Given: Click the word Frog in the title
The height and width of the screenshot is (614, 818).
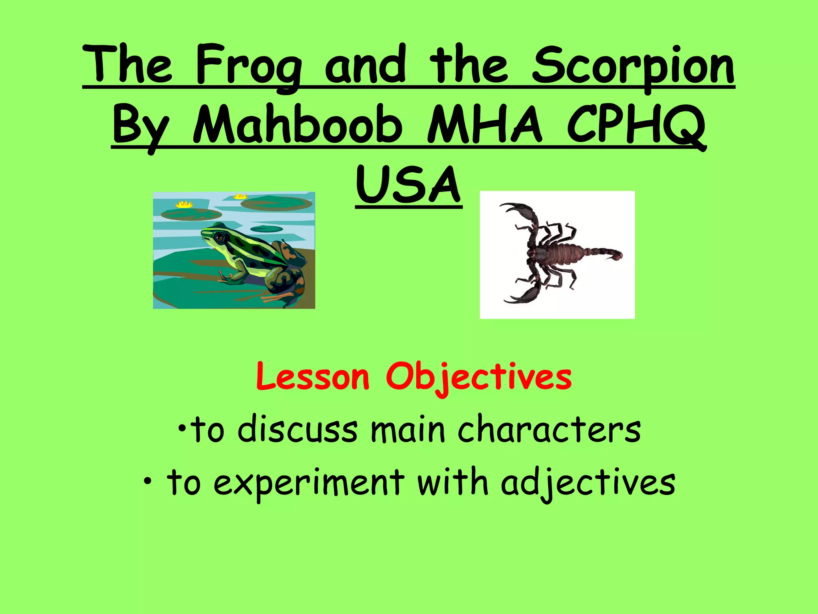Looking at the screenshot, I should click(248, 66).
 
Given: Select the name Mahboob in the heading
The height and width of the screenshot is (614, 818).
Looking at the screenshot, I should click(298, 125).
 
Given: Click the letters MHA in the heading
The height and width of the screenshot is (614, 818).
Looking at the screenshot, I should click(484, 125).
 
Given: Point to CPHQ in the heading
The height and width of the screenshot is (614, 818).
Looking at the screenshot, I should click(636, 125).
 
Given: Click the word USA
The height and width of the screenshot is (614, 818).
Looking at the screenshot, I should click(409, 185).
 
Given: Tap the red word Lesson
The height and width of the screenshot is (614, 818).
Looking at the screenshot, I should click(313, 377).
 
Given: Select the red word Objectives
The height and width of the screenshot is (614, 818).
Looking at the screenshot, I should click(478, 377).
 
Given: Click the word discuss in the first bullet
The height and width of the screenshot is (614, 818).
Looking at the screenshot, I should click(298, 430).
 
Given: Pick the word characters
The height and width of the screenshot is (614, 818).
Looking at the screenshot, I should click(549, 430).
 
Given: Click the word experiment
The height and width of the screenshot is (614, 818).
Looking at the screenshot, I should click(309, 482).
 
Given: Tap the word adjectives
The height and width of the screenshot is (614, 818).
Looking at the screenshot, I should click(588, 482).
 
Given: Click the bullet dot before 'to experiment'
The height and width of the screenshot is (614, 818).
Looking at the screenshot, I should click(148, 481).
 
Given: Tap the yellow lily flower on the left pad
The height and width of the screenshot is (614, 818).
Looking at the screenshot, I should click(184, 204).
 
